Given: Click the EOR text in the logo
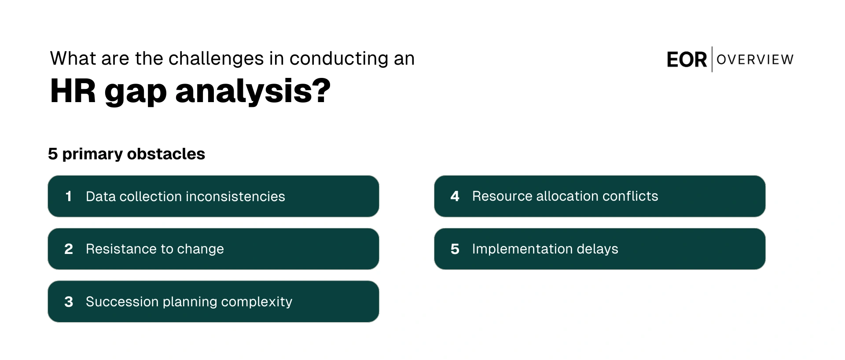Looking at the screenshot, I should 687,60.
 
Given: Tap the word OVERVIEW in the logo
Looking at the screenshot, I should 755,59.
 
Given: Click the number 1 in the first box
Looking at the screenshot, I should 68,196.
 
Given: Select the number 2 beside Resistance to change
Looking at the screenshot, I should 69,249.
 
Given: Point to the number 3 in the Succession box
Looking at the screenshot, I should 69,302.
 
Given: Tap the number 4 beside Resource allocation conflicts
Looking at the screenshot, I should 455,196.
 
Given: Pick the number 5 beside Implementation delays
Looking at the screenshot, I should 455,249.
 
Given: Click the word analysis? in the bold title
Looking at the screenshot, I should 253,92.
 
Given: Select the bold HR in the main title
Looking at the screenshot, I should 73,91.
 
